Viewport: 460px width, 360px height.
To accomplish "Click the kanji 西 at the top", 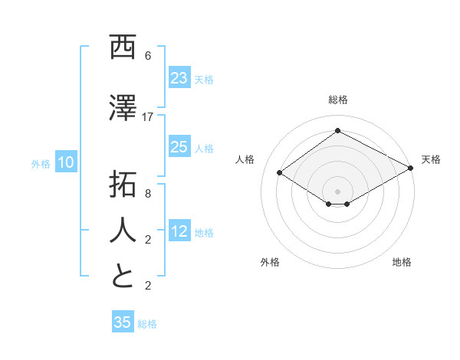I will (123, 48).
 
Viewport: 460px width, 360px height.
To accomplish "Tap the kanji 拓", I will (123, 187).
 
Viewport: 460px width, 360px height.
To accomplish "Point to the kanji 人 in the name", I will (123, 231).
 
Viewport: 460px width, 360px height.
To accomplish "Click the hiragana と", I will (123, 277).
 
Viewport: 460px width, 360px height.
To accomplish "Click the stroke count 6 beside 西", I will (148, 56).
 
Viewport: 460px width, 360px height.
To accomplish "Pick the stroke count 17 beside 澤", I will (148, 117).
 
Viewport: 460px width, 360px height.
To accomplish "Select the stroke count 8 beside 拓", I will (148, 195).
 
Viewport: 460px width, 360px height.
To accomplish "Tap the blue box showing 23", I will (179, 78).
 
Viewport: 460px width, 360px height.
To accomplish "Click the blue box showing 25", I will (179, 147).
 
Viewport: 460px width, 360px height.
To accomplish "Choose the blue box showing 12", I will (179, 231).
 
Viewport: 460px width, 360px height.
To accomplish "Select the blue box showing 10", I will (66, 162).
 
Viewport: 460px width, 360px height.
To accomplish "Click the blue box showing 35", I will (123, 322).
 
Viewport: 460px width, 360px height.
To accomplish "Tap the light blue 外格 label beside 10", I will (40, 163).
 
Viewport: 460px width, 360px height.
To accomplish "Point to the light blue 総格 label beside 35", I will (147, 324).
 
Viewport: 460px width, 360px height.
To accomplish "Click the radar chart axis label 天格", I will (431, 159).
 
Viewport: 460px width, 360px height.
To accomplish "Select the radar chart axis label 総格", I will (337, 100).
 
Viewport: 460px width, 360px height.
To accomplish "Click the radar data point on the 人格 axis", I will (280, 173).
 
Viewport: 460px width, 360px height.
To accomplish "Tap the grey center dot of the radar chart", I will (337, 190).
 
